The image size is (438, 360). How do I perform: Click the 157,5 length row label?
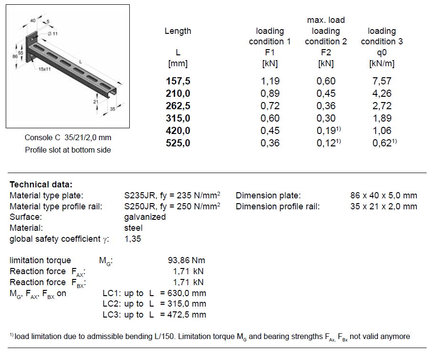[178, 81]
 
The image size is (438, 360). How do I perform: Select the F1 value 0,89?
[270, 93]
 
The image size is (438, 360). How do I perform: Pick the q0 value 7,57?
[382, 81]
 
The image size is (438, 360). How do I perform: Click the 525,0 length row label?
[178, 143]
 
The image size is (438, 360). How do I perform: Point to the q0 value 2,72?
[382, 106]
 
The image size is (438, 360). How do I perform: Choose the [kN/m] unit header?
[382, 63]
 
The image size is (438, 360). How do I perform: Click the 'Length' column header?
[178, 31]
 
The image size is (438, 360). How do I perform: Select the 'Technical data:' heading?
[41, 185]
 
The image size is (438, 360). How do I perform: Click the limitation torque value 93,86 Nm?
[187, 260]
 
